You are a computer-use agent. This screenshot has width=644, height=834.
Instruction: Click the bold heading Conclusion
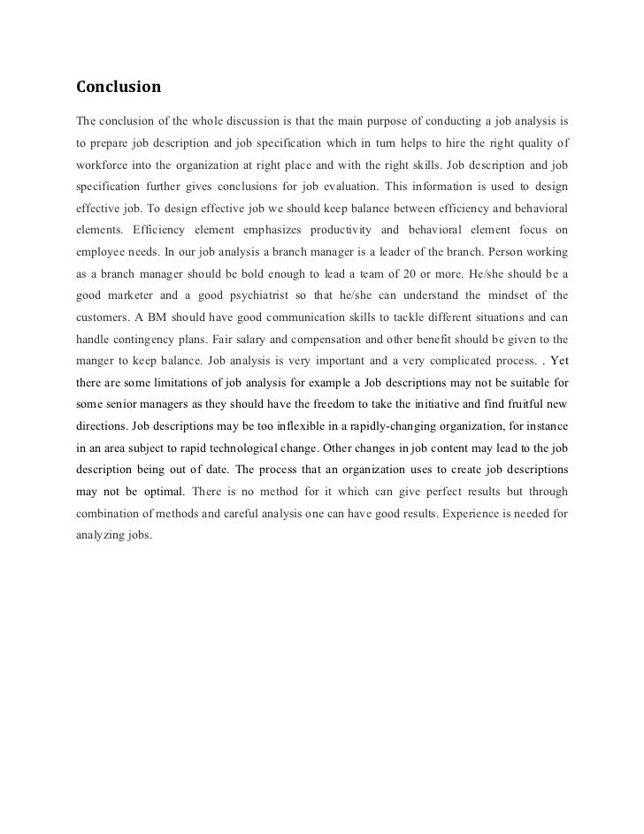[119, 88]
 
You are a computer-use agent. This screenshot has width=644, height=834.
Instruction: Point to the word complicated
[452, 361]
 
